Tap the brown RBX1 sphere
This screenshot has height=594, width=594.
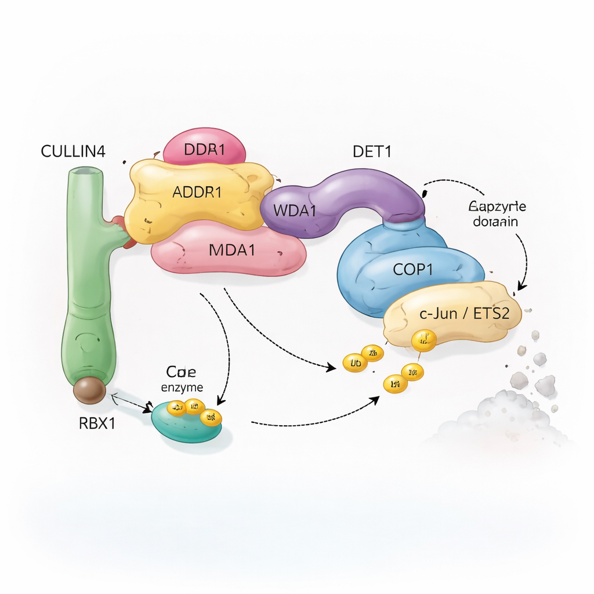(89, 390)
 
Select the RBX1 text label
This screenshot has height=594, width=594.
(97, 423)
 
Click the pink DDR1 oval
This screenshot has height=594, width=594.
(204, 148)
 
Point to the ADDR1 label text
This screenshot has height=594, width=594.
(197, 192)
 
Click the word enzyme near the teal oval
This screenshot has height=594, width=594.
(183, 387)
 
